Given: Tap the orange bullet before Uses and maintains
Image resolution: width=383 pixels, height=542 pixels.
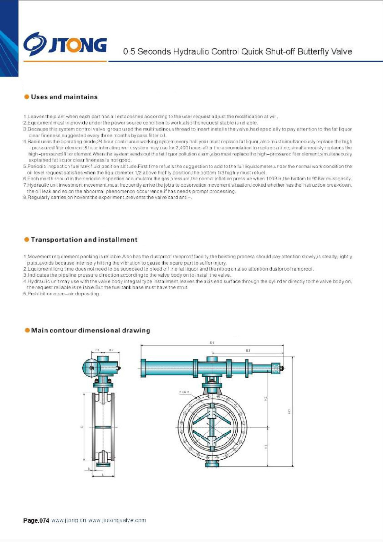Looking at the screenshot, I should (x=27, y=97).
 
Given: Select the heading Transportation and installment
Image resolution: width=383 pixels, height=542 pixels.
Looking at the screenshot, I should (x=84, y=240).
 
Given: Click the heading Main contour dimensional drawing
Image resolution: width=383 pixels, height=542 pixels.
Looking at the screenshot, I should (x=90, y=330).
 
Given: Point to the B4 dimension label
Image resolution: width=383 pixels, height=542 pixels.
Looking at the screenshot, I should (x=212, y=343).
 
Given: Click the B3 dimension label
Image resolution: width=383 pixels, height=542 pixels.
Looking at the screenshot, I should (x=248, y=350).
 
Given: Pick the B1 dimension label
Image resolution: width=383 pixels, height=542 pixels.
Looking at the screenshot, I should (x=97, y=350).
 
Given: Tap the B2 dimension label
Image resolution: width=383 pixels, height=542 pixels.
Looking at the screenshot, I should (x=111, y=350).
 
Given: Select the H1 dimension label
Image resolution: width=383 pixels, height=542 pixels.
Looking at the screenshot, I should (x=266, y=447).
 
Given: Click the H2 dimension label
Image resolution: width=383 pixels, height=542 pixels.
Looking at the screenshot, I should (x=266, y=399).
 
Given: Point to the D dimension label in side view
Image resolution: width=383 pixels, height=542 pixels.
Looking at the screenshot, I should (x=82, y=427).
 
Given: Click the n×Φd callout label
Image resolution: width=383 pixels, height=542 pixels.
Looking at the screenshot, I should (x=184, y=392).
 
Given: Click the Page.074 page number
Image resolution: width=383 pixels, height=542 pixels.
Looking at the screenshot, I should (x=36, y=520).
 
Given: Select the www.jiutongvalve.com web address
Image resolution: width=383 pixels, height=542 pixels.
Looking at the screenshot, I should (x=117, y=520).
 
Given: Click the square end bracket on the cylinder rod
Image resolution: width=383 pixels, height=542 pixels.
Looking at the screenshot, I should (x=277, y=368).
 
